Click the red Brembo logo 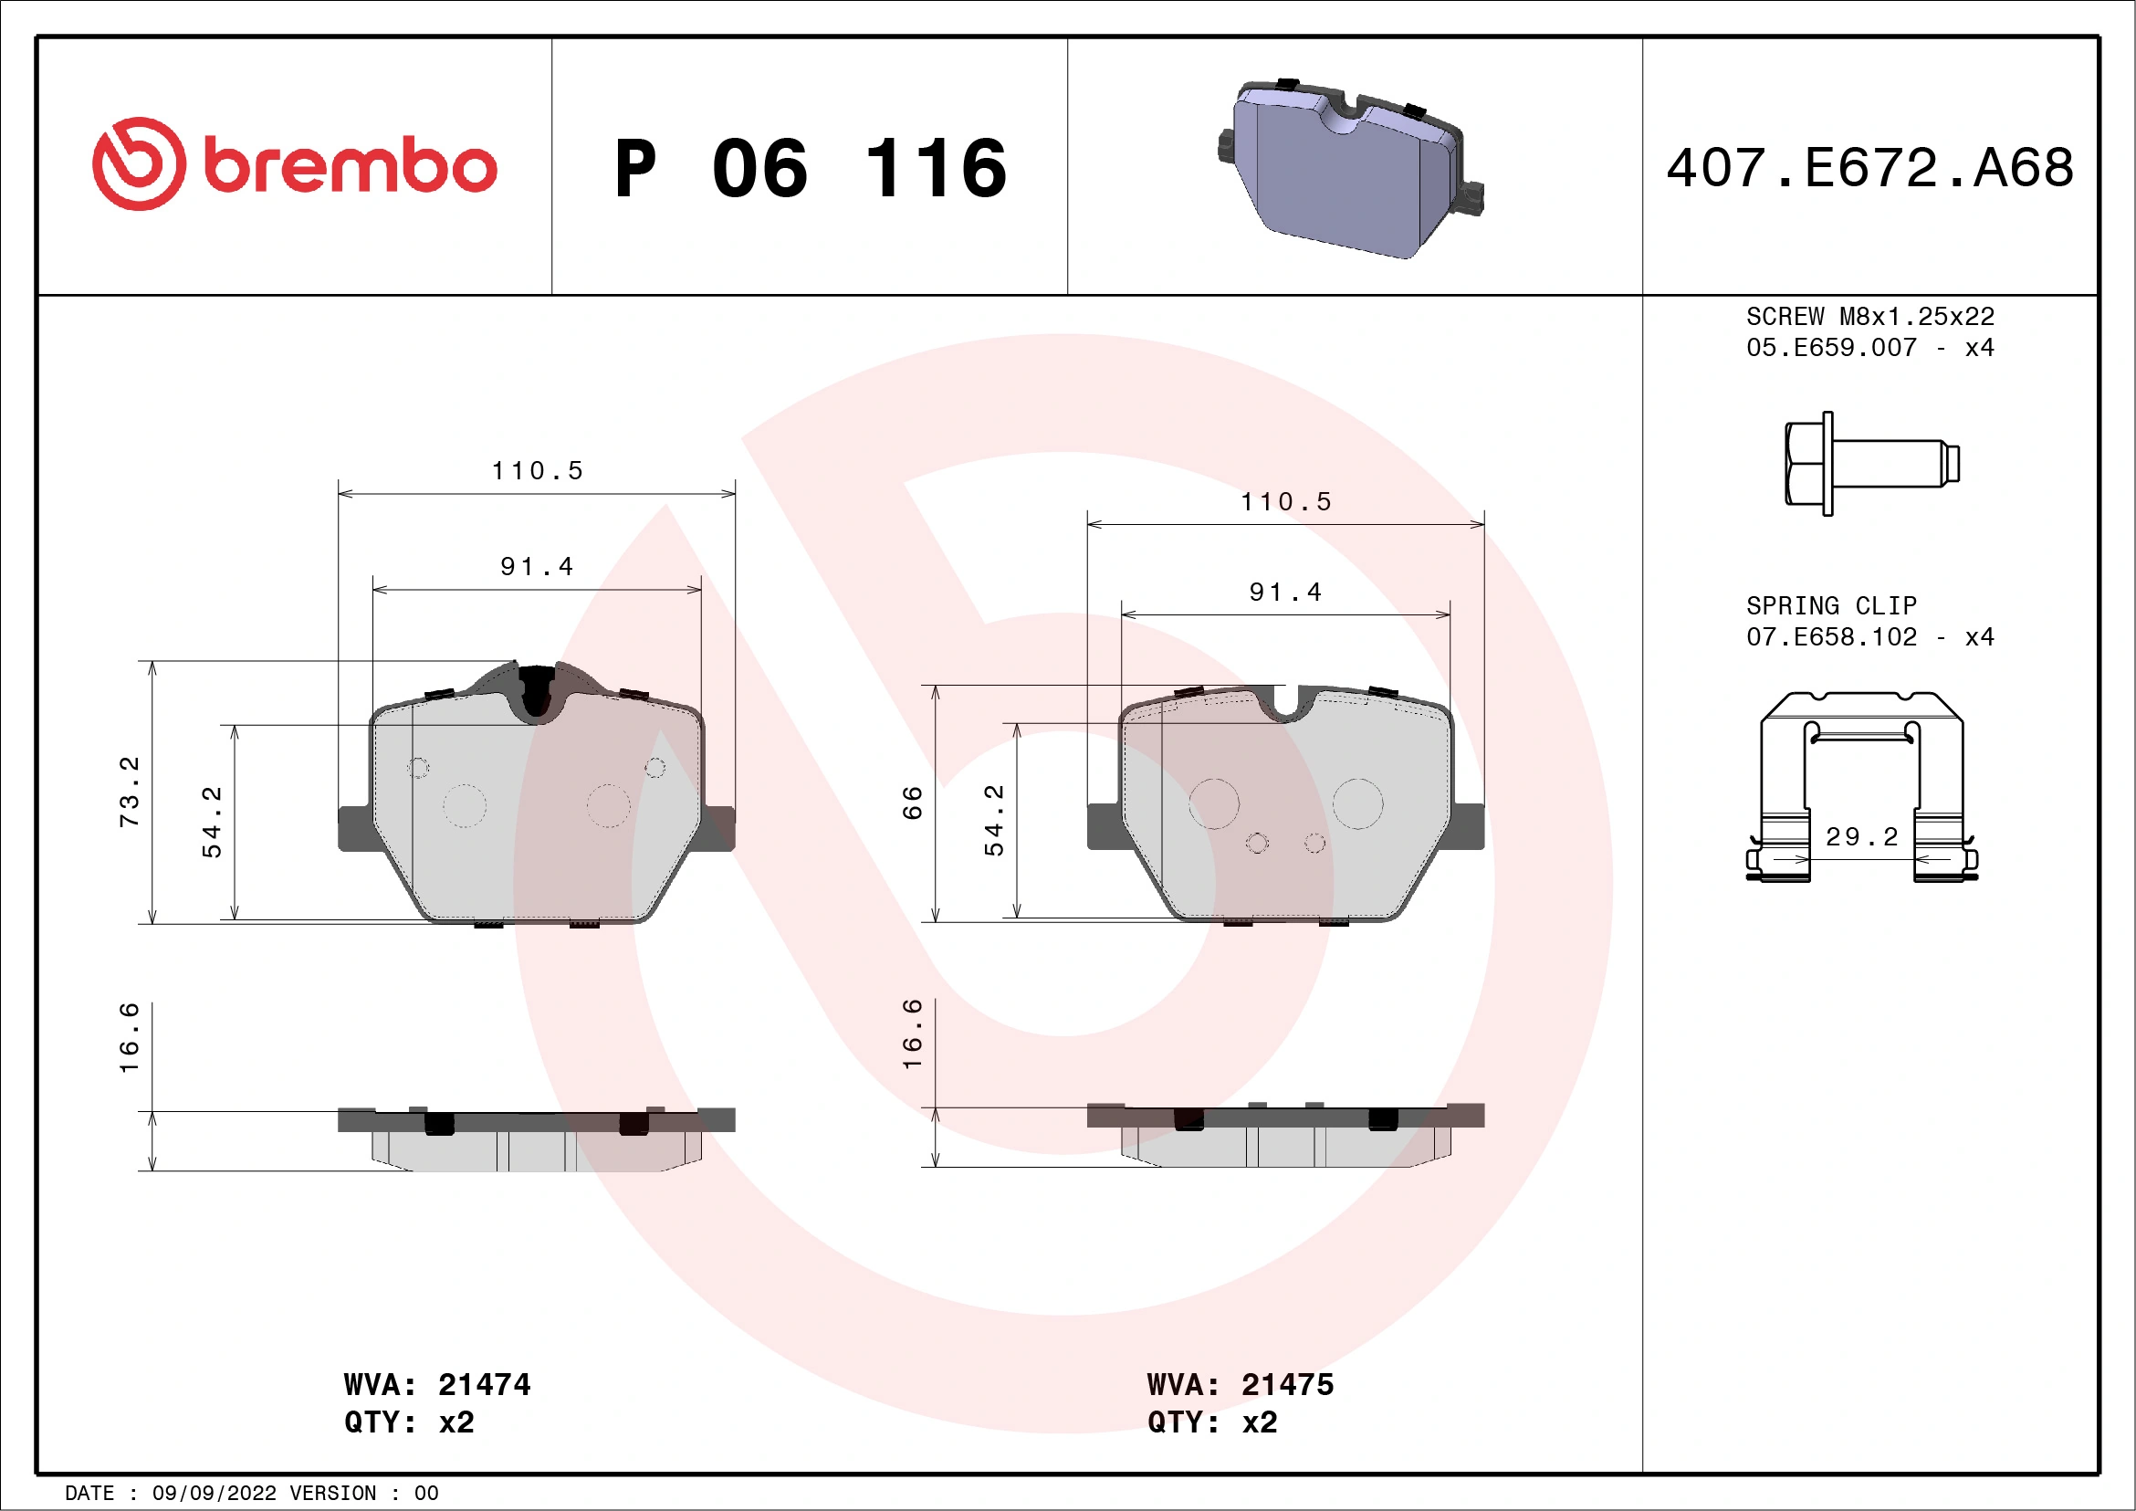[294, 163]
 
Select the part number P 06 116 [811, 168]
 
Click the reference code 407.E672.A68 [1870, 167]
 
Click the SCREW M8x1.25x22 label [1870, 316]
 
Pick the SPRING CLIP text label [1831, 605]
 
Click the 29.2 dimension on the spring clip [1861, 836]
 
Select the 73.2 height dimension [130, 791]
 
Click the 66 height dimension [913, 802]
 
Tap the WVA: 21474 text [436, 1384]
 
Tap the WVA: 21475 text [1241, 1384]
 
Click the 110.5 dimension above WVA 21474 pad [537, 471]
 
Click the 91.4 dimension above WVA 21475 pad [1284, 592]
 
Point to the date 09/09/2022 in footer [214, 1493]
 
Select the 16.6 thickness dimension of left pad [130, 1037]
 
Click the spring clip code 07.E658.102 [1831, 637]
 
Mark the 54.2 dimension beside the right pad [994, 820]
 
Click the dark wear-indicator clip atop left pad [537, 690]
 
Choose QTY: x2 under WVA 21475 [1211, 1422]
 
